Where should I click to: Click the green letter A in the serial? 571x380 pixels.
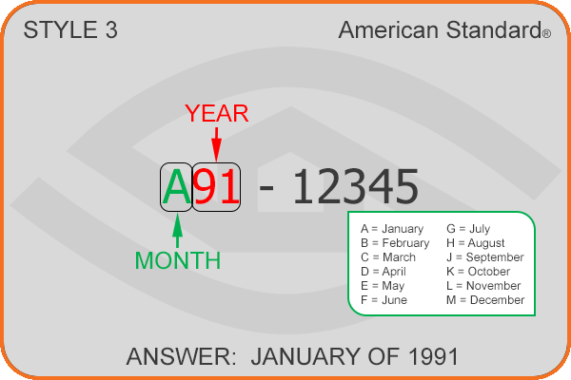(x=177, y=187)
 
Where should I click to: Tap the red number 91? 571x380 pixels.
(x=216, y=187)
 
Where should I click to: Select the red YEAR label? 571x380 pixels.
(x=217, y=113)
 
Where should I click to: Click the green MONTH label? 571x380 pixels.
(x=178, y=260)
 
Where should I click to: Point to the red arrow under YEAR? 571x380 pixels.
(x=217, y=144)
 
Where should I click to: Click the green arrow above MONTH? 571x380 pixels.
(x=177, y=231)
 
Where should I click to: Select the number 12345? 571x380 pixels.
(x=355, y=187)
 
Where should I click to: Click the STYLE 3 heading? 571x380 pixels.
(x=70, y=29)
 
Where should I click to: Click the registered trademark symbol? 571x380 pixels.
(x=546, y=34)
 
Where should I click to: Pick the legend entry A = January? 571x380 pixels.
(x=392, y=229)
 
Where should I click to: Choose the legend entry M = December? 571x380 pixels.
(x=485, y=300)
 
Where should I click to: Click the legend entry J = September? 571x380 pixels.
(x=485, y=257)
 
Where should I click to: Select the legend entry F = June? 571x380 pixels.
(x=384, y=300)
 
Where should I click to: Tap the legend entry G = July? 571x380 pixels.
(x=468, y=229)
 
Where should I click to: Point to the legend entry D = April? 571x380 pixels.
(x=384, y=272)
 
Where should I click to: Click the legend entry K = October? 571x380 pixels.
(x=478, y=272)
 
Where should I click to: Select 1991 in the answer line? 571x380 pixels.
(x=433, y=356)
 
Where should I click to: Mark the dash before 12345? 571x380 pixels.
(x=266, y=189)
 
